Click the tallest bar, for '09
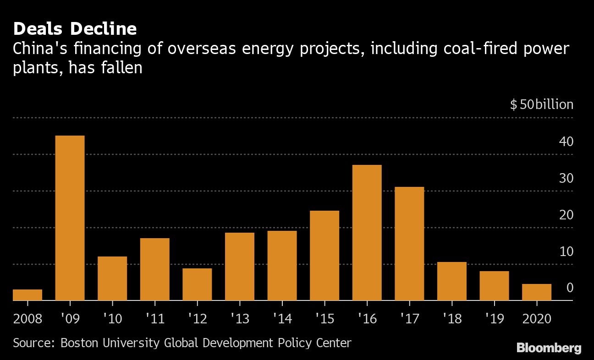(x=70, y=218)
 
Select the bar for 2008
(x=27, y=295)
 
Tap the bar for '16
(x=367, y=233)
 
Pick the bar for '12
(x=197, y=284)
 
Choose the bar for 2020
(x=537, y=292)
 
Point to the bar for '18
(x=451, y=281)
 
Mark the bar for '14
(x=282, y=266)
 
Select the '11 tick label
(x=154, y=318)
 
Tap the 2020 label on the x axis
(x=537, y=318)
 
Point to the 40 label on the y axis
(x=566, y=142)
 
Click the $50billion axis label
(x=541, y=104)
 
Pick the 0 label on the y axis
(x=570, y=288)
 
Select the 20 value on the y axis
(x=566, y=215)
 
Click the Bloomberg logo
(x=549, y=348)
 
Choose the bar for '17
(x=409, y=244)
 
